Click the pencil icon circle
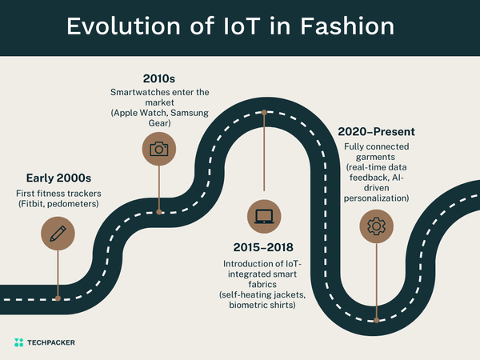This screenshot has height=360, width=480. [57, 234]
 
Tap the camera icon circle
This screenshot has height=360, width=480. [159, 148]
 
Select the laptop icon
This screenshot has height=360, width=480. [263, 215]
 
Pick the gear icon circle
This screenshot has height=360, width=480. [374, 226]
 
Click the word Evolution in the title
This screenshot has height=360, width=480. [120, 27]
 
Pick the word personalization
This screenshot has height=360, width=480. [376, 198]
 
